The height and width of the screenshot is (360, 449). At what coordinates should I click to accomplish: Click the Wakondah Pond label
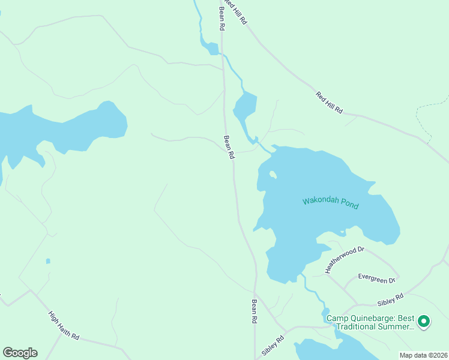tap(330, 203)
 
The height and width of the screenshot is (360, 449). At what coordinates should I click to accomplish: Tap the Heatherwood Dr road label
tap(345, 260)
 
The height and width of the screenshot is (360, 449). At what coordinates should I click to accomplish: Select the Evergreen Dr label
tap(376, 278)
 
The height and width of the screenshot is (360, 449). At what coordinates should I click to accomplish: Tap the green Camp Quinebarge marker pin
tap(424, 322)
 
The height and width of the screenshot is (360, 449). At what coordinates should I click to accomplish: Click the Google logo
tap(20, 353)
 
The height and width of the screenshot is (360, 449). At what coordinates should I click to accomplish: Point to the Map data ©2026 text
tap(423, 355)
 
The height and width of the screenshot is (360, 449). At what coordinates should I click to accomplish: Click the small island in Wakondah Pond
tap(273, 175)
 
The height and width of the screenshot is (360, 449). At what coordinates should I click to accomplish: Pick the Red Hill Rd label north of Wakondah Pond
tap(329, 102)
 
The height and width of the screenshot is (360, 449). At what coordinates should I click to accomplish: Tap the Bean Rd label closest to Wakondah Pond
tap(228, 146)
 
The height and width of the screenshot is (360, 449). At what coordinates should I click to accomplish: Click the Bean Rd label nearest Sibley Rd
tap(255, 311)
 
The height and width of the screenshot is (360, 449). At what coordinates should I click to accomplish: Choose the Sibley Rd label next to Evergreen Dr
tap(390, 296)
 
